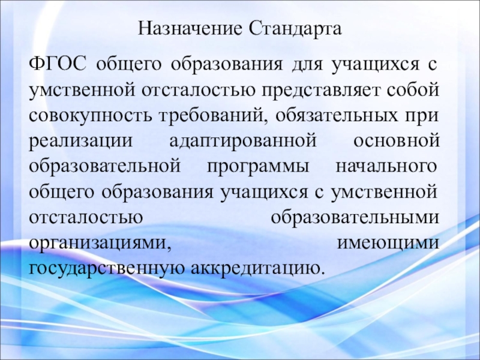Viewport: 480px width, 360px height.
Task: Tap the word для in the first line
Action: click(x=307, y=64)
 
